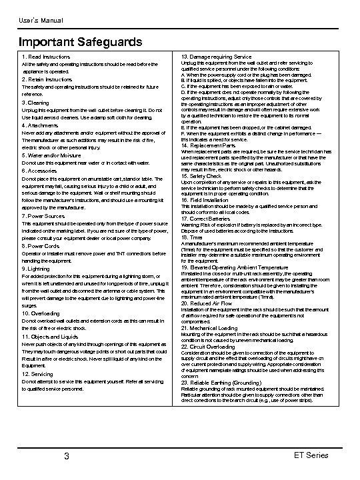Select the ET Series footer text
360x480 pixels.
[310, 455]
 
